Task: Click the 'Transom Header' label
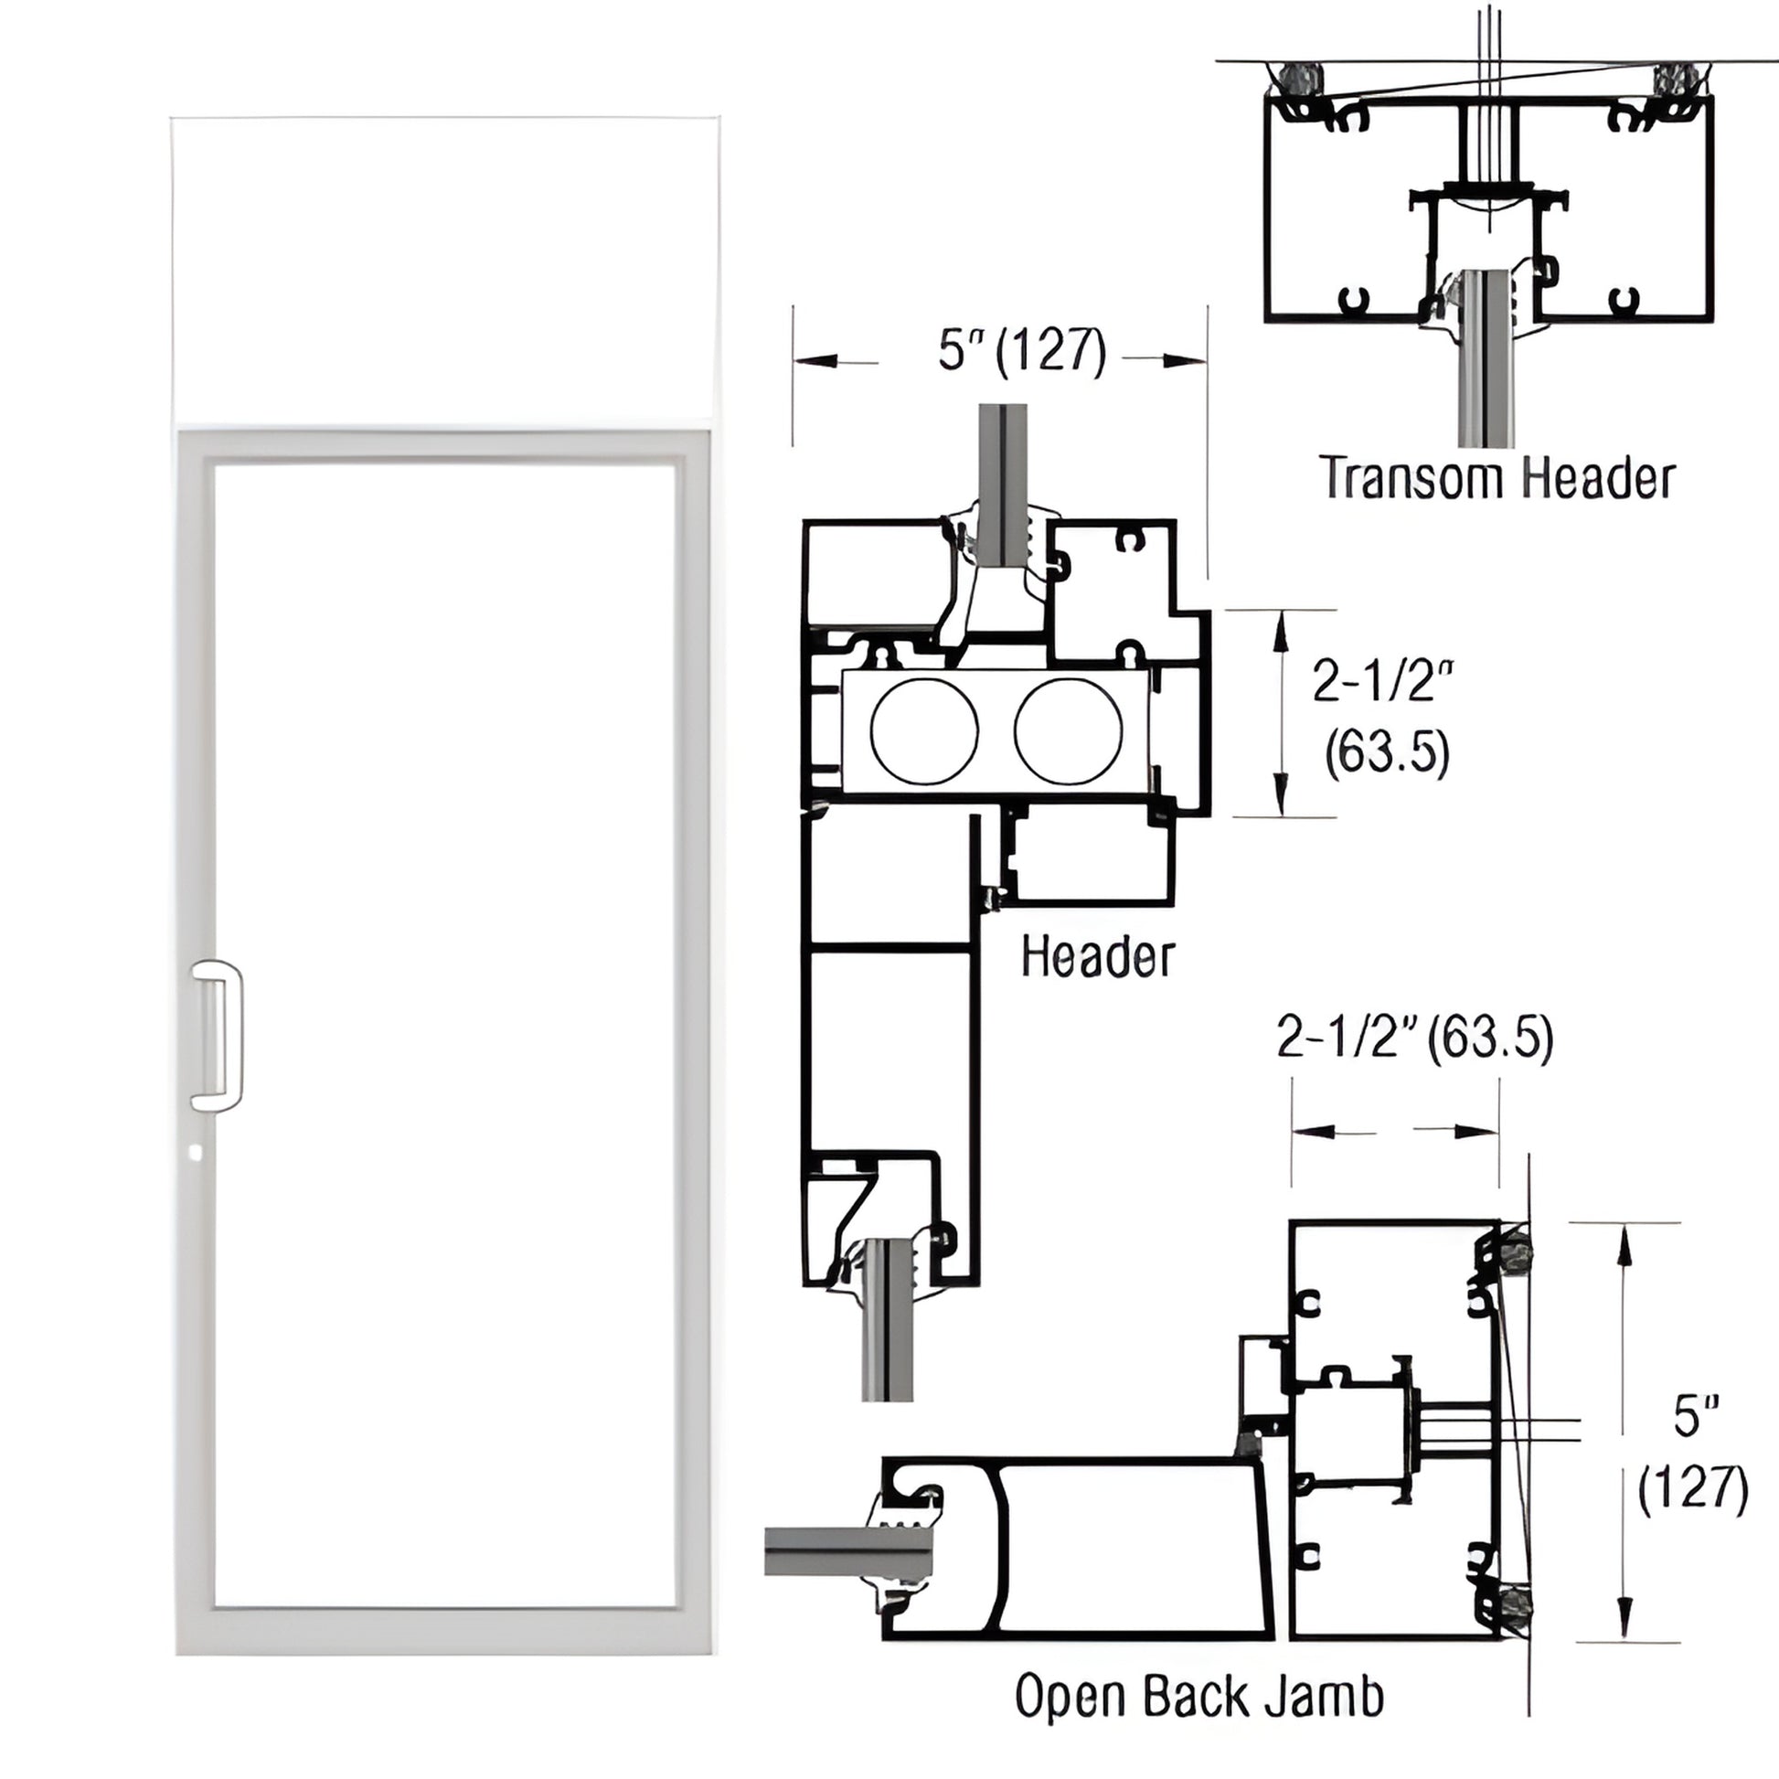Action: coord(1497,478)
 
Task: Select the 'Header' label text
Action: coord(1098,957)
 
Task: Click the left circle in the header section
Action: coord(923,731)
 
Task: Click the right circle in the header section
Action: coord(1068,731)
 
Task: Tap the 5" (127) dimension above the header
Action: coord(1022,352)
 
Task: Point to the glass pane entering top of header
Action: coord(1003,479)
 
